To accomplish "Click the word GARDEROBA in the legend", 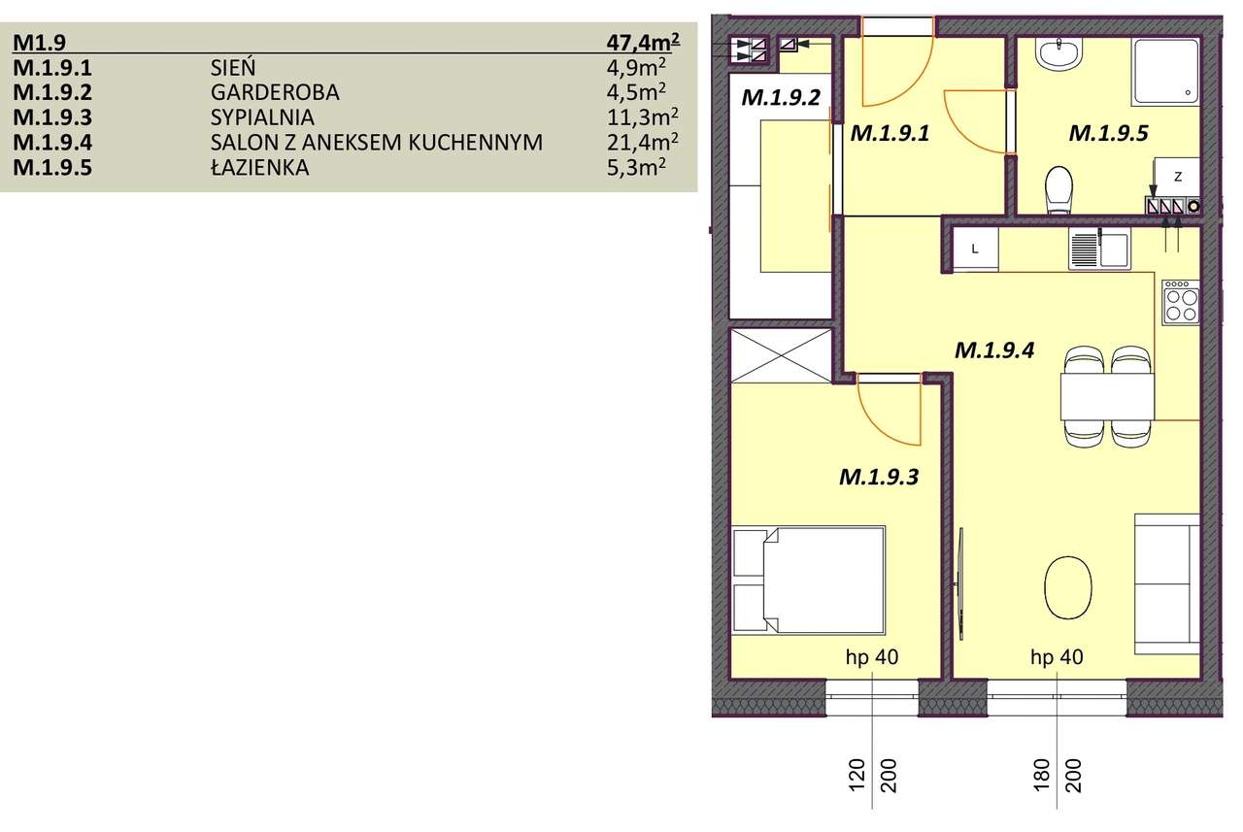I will click(x=275, y=93).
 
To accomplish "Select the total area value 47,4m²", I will click(x=640, y=43).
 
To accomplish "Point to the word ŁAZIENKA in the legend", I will click(x=258, y=168).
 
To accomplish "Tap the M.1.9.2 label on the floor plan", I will click(x=781, y=97).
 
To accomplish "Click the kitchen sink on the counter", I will click(x=1097, y=250).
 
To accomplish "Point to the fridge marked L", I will click(x=975, y=249).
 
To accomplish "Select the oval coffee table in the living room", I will click(x=1066, y=585).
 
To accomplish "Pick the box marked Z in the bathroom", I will click(x=1177, y=178).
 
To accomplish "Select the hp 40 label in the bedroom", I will click(x=872, y=658).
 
